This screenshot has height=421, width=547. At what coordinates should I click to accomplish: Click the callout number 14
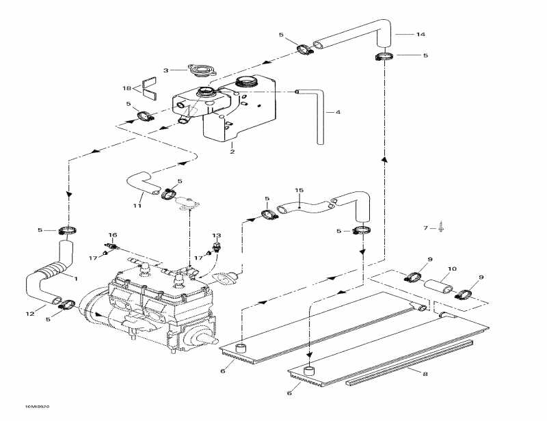tap(420, 33)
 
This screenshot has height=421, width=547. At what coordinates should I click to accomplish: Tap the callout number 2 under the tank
tap(232, 151)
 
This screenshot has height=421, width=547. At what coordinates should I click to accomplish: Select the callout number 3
tap(165, 70)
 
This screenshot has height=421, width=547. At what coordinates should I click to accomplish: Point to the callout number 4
tap(337, 113)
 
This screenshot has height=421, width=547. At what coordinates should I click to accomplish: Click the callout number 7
tap(425, 228)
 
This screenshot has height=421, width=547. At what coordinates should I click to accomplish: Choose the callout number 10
tap(451, 268)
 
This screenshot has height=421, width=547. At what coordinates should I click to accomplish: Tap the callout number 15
tap(298, 189)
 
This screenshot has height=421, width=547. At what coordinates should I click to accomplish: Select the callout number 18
tap(126, 88)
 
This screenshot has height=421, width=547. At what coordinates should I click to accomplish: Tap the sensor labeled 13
tap(217, 247)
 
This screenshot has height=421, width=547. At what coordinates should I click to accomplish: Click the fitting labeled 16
tap(113, 245)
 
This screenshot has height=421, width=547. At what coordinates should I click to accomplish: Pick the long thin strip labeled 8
tap(410, 362)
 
